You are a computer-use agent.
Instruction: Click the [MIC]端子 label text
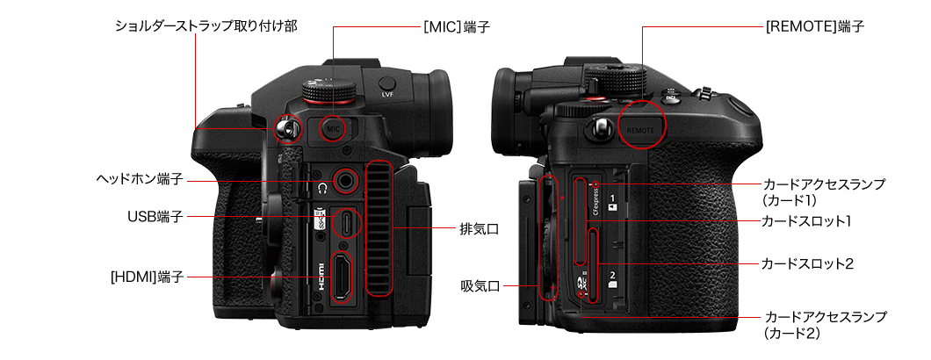coord(457,26)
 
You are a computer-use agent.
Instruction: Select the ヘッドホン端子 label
coord(140,179)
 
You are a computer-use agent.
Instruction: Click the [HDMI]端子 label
coord(147,277)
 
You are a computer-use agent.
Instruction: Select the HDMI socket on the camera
coord(340,277)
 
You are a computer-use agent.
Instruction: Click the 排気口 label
coord(479,227)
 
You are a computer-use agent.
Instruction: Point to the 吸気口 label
coord(480,286)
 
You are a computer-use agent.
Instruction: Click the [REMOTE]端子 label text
coord(815,26)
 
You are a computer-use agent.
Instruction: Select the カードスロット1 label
coord(807,221)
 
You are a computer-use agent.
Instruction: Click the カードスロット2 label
coord(807,263)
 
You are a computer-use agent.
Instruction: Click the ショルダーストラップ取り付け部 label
coord(206,26)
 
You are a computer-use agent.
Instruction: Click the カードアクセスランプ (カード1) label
coord(824,191)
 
